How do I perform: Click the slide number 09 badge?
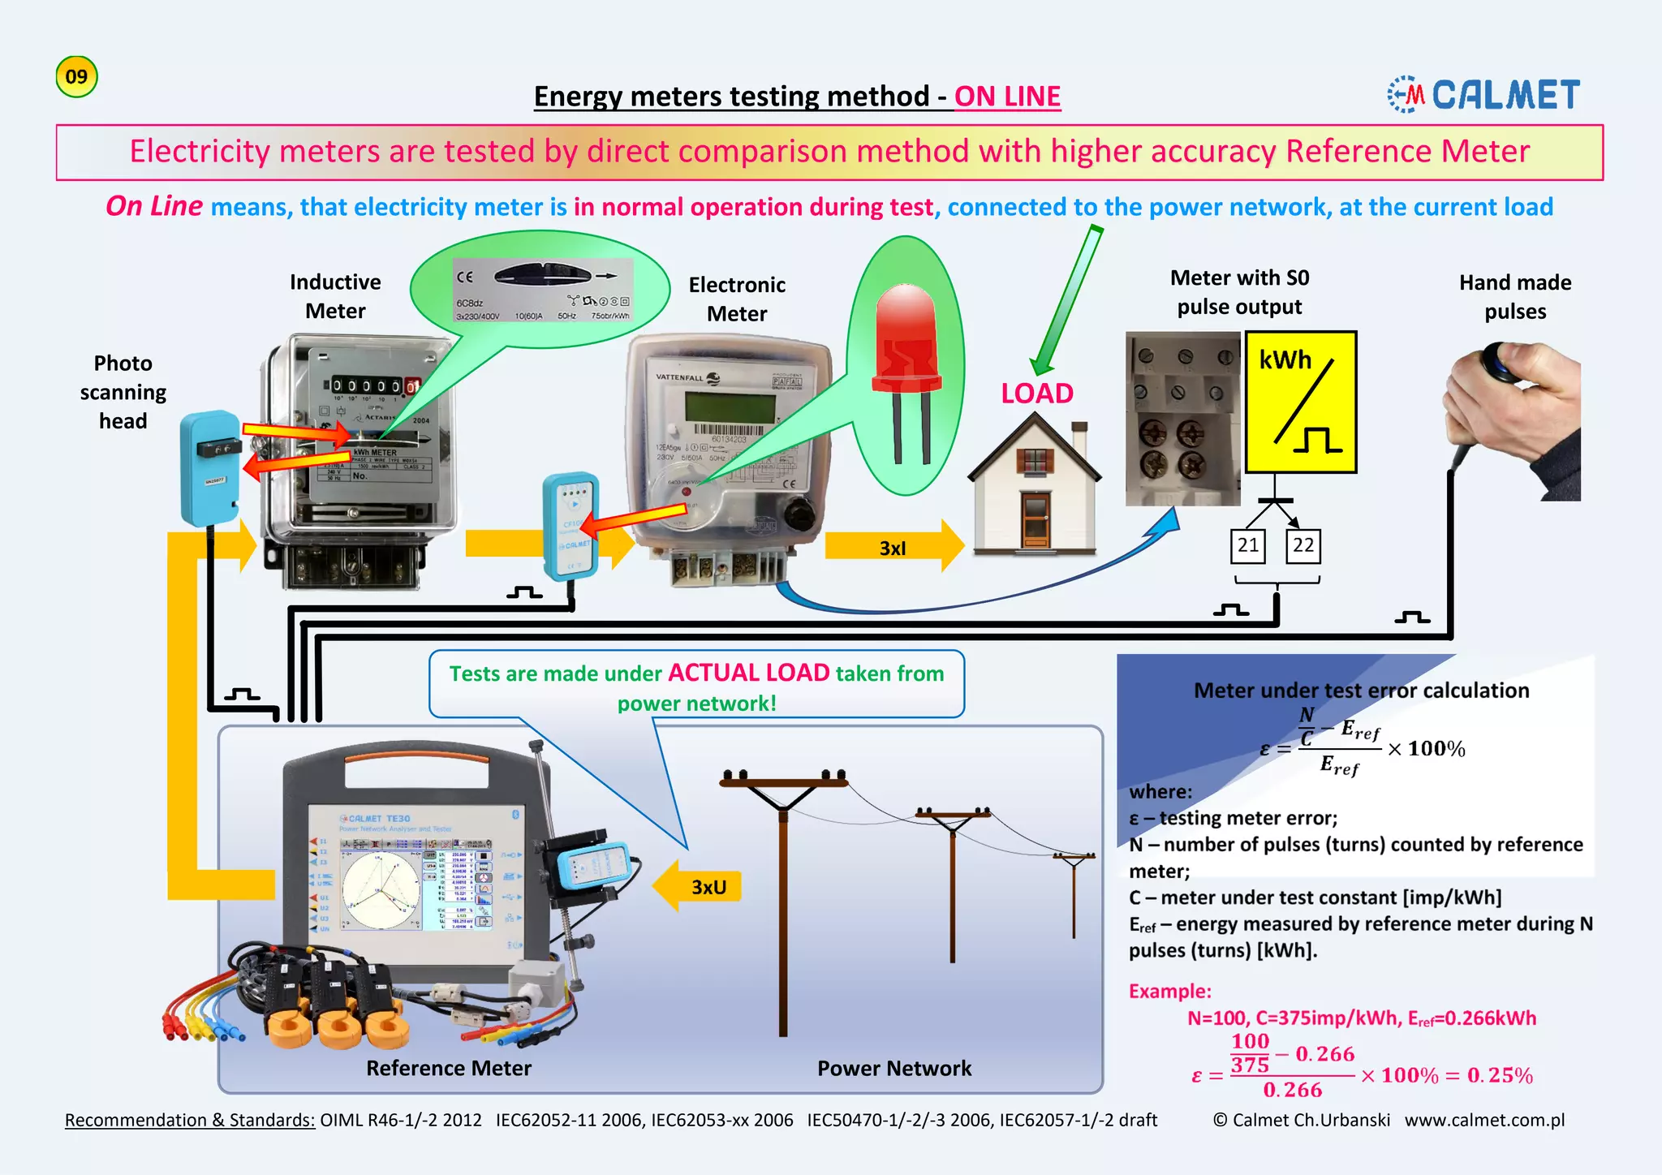(76, 77)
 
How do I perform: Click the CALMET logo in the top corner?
(1483, 95)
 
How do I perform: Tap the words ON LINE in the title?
(1007, 97)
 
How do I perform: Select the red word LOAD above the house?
(1036, 394)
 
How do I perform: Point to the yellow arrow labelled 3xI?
(893, 548)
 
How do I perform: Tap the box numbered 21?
(1248, 545)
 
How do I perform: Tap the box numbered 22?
(1303, 545)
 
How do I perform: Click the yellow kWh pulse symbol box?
(1301, 402)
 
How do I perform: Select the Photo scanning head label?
(123, 392)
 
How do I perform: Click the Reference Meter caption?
(449, 1068)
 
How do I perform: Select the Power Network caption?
(893, 1068)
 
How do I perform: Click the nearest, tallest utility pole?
(783, 901)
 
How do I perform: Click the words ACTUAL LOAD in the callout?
(748, 673)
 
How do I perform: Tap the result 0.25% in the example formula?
(1500, 1075)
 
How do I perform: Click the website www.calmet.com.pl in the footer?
(1484, 1120)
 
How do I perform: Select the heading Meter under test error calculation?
(1361, 691)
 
